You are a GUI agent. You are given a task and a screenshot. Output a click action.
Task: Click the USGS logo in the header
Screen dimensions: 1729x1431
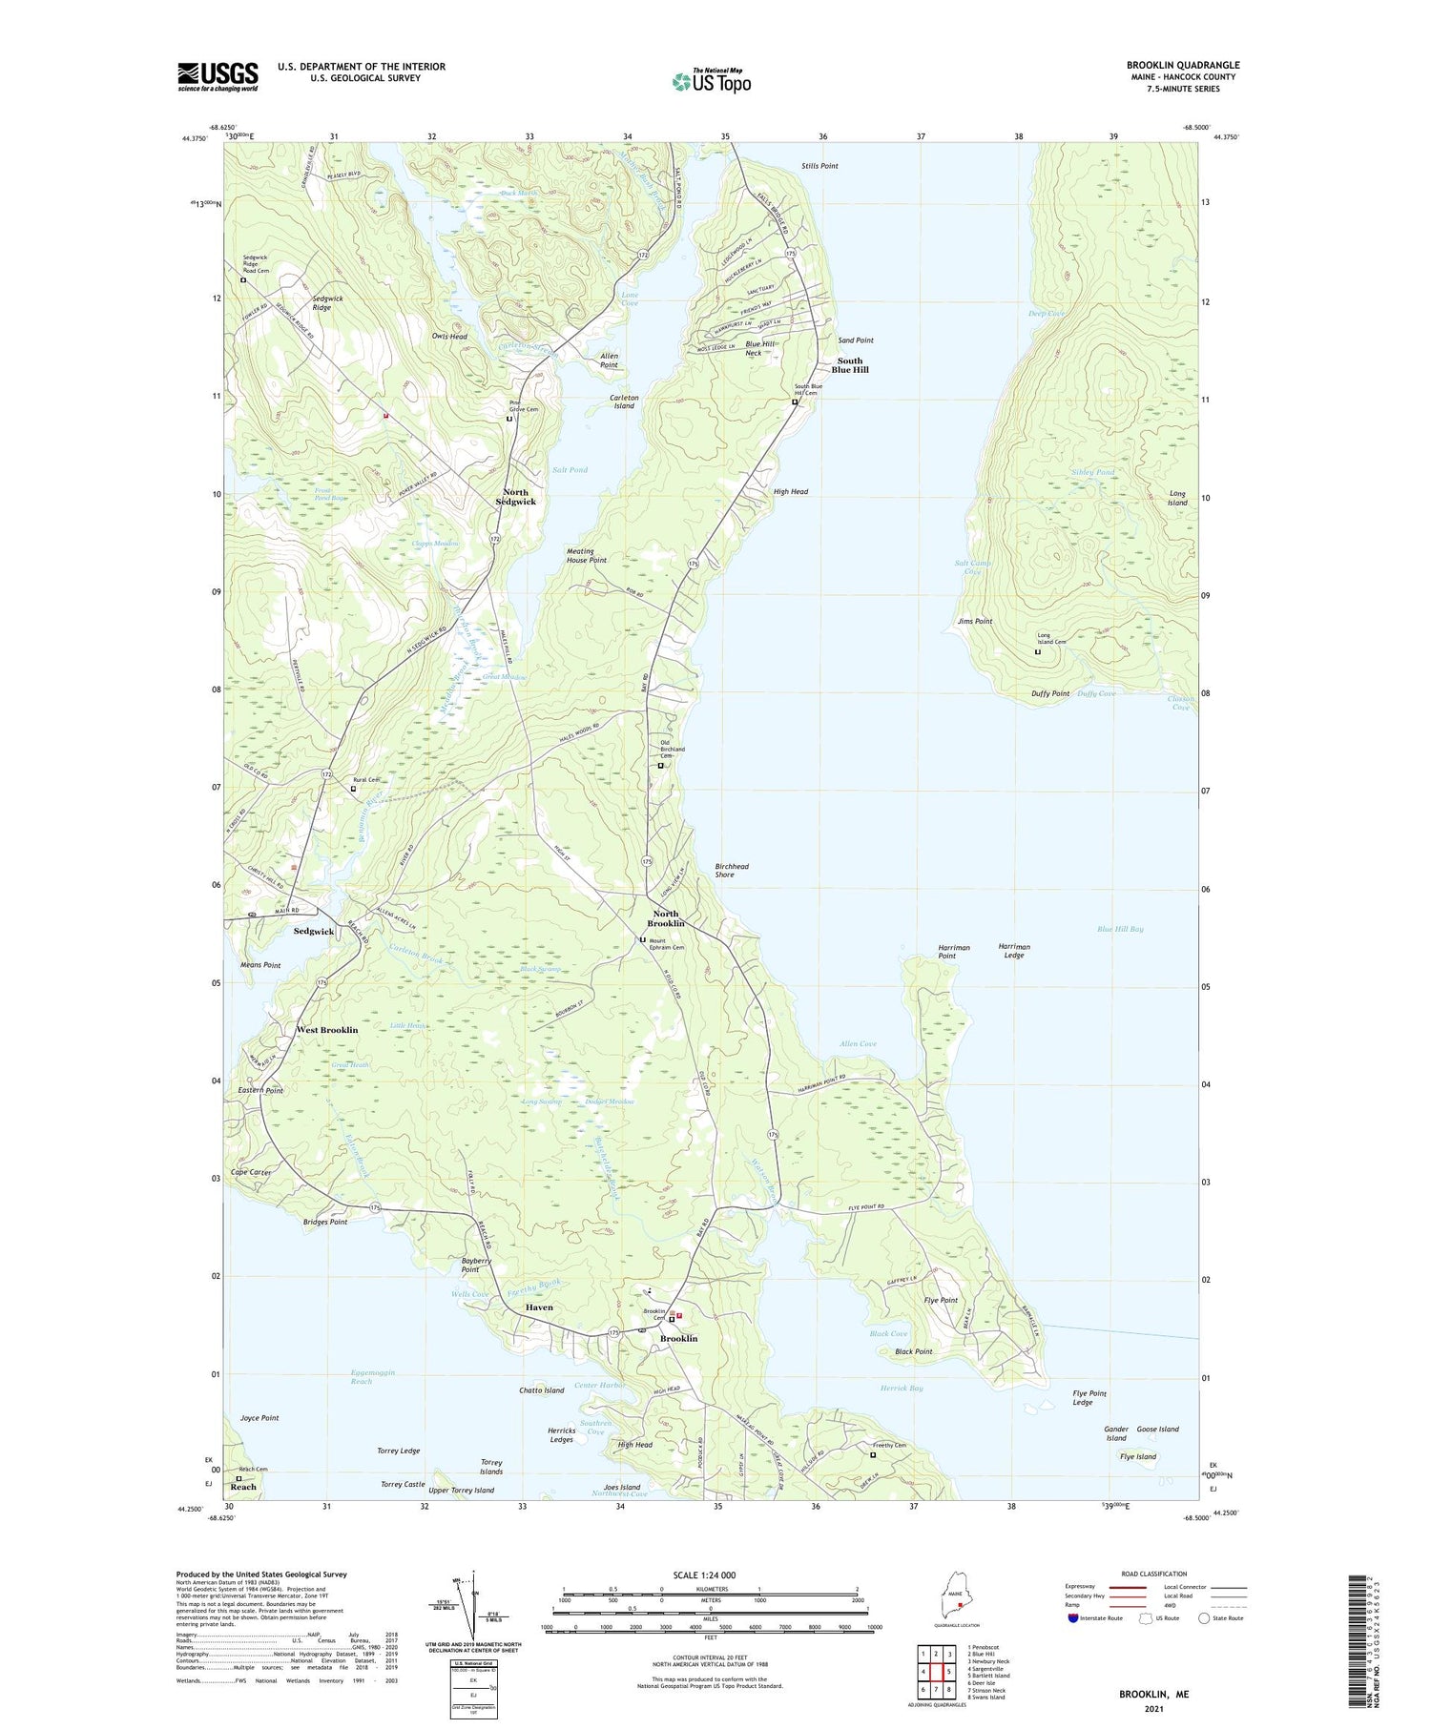(218, 76)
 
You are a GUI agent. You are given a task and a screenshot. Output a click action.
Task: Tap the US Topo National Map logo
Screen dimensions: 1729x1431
(711, 81)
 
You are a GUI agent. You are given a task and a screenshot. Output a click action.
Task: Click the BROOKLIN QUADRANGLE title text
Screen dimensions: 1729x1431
(1182, 65)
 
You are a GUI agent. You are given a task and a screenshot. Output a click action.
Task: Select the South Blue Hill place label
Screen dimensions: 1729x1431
(852, 365)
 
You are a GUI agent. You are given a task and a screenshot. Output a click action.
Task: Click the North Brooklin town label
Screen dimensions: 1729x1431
(665, 918)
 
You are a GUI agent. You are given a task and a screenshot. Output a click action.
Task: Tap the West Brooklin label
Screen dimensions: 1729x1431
(326, 1030)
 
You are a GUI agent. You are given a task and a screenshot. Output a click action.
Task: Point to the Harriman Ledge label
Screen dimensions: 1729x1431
(1013, 951)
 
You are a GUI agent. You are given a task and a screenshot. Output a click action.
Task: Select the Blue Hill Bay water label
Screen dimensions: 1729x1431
(1119, 929)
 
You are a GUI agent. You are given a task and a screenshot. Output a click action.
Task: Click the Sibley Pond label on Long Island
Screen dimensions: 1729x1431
(1092, 472)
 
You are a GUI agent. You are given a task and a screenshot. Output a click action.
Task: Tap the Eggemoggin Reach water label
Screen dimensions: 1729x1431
(360, 1377)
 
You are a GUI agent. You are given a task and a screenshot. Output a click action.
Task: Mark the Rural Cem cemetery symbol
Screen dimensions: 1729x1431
(353, 789)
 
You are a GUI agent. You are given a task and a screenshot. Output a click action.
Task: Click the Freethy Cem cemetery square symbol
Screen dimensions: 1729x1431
(872, 1455)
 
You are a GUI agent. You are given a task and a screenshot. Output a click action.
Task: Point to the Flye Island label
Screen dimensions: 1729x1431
(1137, 1456)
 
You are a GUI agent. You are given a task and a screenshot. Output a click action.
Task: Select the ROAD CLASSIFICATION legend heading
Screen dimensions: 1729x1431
(1153, 1574)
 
